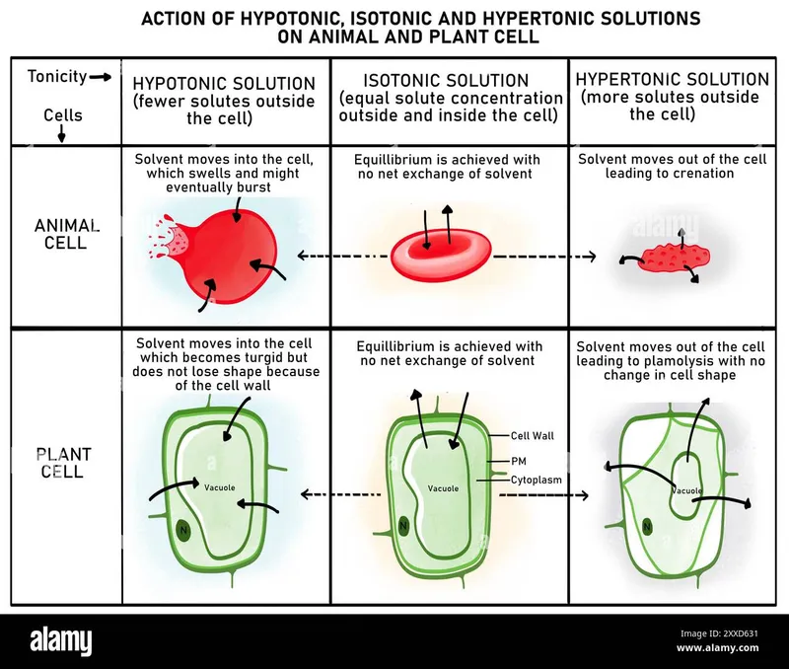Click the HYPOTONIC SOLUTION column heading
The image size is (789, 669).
224,84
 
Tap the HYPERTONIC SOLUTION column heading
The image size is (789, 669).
672,79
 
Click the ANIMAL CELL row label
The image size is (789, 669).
67,234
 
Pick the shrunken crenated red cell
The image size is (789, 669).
676,259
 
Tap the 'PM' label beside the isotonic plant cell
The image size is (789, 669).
519,460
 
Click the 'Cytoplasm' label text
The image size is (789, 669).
537,480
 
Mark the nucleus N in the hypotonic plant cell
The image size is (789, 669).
182,531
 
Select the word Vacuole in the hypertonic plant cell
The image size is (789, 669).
686,490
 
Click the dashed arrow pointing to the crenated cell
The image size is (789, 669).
544,256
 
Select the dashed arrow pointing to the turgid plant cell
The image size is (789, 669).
340,493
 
